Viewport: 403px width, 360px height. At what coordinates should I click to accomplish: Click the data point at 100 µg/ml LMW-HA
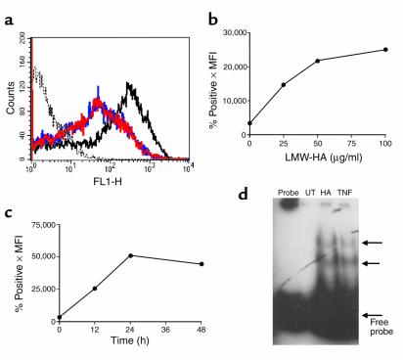386,49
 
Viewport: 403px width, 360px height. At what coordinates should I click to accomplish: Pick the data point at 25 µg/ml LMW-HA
284,84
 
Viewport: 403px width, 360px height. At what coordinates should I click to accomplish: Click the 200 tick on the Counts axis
23,41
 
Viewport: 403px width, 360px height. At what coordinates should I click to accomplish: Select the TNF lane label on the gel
328,193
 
